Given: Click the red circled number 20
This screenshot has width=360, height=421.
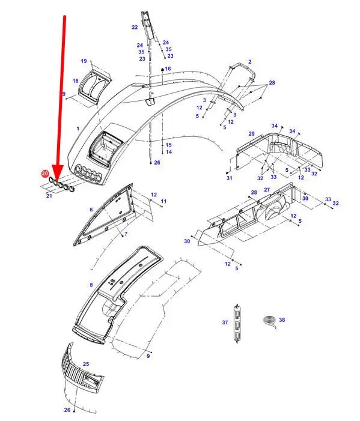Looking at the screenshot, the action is [x=44, y=174].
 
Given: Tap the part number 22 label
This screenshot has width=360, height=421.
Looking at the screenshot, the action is [x=135, y=27].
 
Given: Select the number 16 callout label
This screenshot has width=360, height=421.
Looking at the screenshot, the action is [x=168, y=68].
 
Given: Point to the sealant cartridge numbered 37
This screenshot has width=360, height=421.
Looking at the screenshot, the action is [x=237, y=323].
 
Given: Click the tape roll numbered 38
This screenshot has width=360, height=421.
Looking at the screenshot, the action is [x=269, y=321].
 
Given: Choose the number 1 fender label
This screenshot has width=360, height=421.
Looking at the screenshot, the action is [x=78, y=129].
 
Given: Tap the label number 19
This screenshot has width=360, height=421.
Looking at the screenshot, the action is [x=84, y=61].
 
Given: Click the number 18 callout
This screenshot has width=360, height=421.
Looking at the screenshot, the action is [x=76, y=81].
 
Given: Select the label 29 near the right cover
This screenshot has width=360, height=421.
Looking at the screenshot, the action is [x=251, y=134].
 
